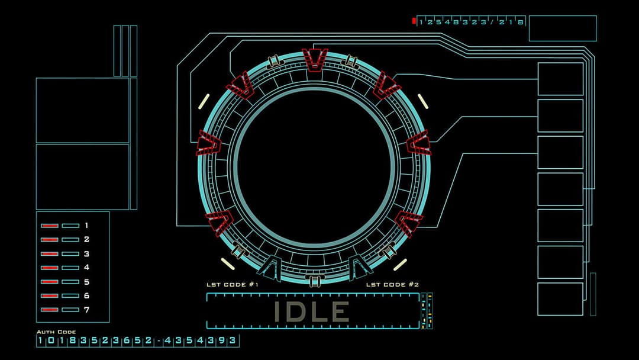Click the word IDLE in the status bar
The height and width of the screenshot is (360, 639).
[x=311, y=311]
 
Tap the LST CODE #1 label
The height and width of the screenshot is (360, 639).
[x=232, y=285]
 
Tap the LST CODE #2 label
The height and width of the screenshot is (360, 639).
[x=392, y=285]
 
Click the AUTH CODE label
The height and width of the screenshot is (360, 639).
[x=56, y=332]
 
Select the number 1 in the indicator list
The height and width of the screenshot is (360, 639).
[x=86, y=226]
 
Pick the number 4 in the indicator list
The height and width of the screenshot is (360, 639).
[x=86, y=268]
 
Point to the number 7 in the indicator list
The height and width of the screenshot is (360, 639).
[x=86, y=310]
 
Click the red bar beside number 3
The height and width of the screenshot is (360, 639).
[x=49, y=254]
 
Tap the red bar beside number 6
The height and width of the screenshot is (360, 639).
[x=49, y=296]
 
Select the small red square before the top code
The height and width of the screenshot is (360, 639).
[x=414, y=21]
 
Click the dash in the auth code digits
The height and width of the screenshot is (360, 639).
[x=159, y=340]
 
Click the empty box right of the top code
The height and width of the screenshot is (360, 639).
[x=562, y=28]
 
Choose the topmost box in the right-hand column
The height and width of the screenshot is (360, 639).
[x=560, y=79]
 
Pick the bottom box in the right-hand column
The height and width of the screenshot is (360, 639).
[x=560, y=299]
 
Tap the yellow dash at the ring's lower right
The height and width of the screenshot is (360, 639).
[x=401, y=264]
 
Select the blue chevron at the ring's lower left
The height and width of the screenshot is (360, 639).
[x=269, y=266]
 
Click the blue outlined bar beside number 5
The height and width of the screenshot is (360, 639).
[x=70, y=282]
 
